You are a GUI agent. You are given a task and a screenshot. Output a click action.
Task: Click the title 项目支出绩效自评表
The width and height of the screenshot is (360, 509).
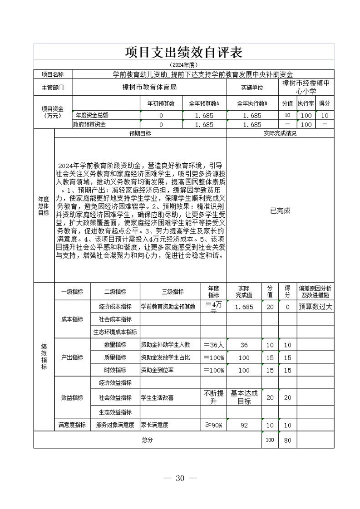click(183, 52)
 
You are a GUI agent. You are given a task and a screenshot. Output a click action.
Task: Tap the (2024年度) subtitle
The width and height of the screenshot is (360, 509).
click(183, 65)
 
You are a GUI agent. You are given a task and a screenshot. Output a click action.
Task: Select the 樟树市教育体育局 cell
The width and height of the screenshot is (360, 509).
click(149, 87)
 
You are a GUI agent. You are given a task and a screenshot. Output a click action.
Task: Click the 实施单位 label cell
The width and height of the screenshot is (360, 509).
click(252, 87)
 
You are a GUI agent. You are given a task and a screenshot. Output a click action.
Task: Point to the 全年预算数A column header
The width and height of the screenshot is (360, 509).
click(204, 103)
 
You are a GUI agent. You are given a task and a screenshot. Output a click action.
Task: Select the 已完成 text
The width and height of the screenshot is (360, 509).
click(280, 210)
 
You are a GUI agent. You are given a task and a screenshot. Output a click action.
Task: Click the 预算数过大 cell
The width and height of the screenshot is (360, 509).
click(316, 307)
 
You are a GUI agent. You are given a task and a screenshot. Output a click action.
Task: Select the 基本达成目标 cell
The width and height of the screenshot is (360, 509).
click(244, 397)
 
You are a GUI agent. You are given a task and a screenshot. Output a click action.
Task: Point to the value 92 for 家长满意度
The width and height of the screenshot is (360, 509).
click(244, 425)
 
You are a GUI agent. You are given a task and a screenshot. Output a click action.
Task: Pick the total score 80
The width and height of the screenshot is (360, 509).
click(287, 440)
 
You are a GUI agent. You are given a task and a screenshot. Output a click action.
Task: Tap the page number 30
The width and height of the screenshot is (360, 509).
click(180, 478)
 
